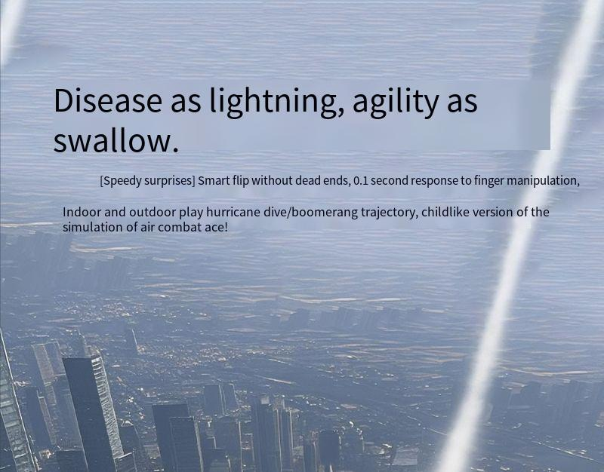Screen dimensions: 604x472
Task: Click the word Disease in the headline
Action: pyautogui.click(x=108, y=100)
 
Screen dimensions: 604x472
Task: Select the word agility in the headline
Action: pyautogui.click(x=395, y=102)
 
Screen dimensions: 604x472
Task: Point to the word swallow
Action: pyautogui.click(x=116, y=141)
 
